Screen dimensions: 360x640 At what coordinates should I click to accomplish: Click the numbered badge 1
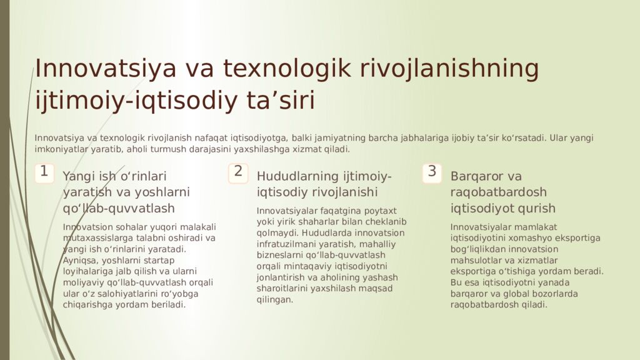[x=44, y=172]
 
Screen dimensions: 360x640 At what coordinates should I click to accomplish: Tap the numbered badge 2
[x=238, y=172]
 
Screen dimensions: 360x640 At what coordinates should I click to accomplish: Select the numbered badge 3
[x=432, y=172]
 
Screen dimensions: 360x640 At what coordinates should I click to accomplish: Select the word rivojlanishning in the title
[x=449, y=69]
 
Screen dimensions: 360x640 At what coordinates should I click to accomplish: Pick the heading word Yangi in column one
[x=79, y=176]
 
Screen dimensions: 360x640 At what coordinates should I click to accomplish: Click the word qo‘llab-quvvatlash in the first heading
[x=119, y=208]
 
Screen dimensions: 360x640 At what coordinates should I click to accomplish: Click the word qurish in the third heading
[x=538, y=208]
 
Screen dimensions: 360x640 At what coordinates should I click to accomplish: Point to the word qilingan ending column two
[x=274, y=300]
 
